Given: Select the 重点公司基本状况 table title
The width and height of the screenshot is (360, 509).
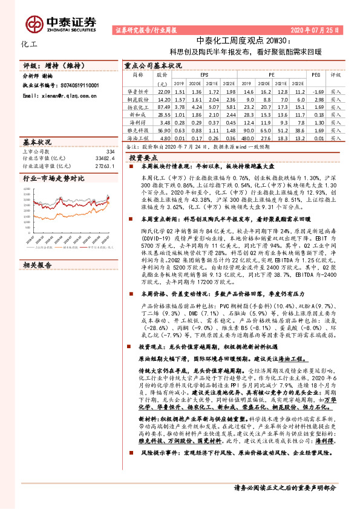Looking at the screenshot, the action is pyautogui.click(x=152, y=65).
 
